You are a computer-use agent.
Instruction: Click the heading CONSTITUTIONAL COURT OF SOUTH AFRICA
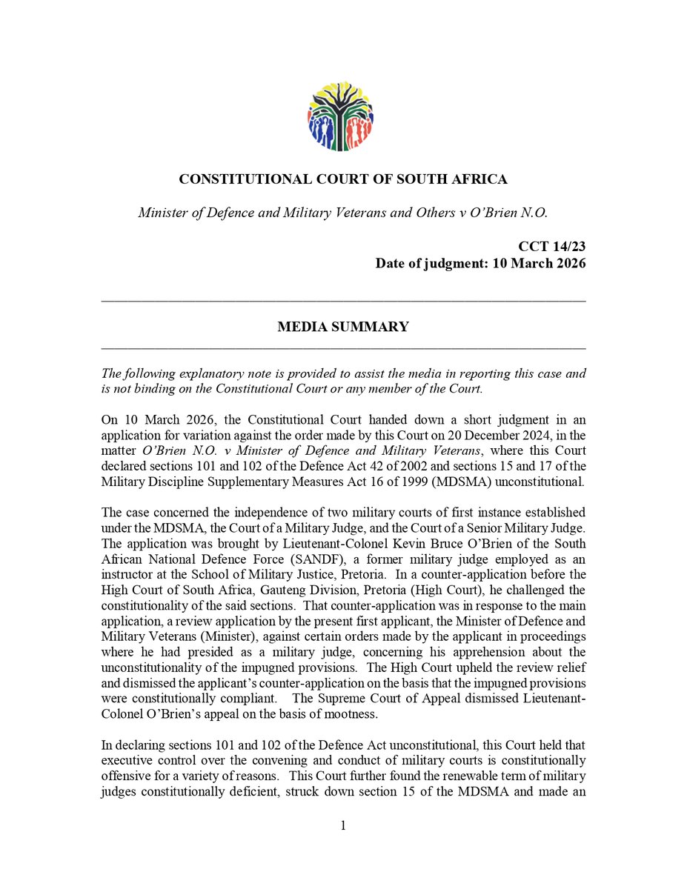343,179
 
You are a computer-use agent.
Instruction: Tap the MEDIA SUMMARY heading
343,327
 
